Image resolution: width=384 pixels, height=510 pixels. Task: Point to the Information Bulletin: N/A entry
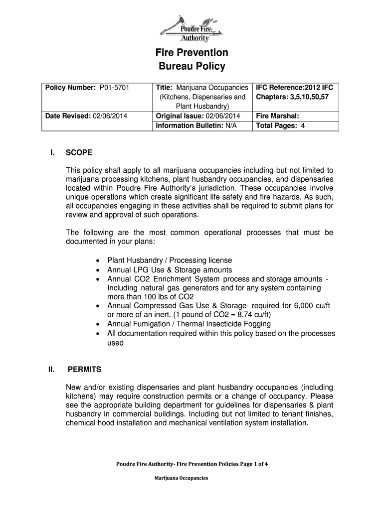pos(196,126)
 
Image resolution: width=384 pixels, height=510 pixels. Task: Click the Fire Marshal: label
pos(277,116)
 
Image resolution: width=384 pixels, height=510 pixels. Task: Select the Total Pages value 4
pos(302,126)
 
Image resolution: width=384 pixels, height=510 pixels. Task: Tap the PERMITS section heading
pos(84,370)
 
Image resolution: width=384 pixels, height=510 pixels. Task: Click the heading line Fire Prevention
pos(192,52)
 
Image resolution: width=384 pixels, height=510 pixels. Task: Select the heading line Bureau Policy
pos(192,66)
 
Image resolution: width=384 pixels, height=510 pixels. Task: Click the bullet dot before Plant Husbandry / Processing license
pos(98,260)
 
